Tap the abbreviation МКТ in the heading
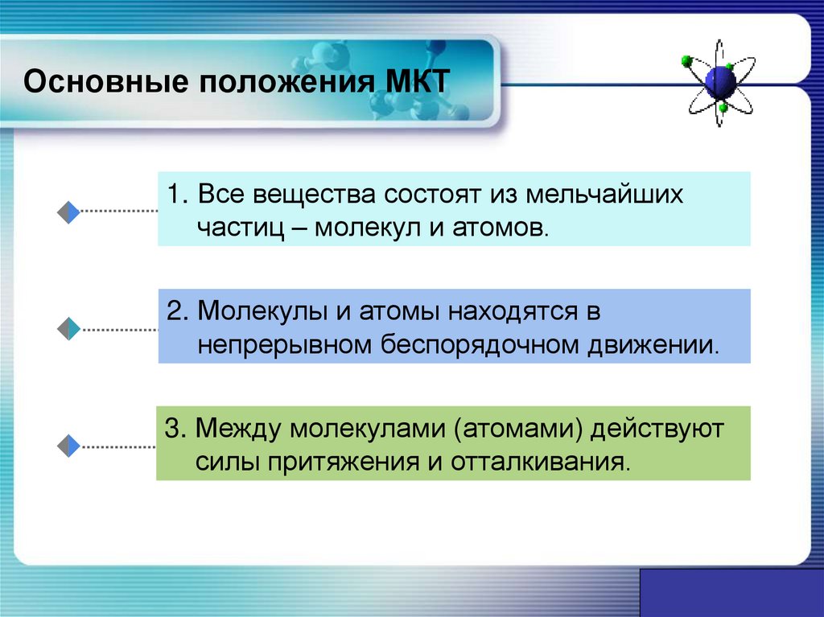click(x=416, y=84)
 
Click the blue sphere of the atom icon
click(x=719, y=80)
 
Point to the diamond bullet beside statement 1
click(x=68, y=212)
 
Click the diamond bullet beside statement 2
click(x=68, y=329)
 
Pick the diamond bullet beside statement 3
click(x=68, y=445)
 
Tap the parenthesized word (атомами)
click(x=517, y=428)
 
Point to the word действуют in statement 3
click(x=657, y=428)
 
